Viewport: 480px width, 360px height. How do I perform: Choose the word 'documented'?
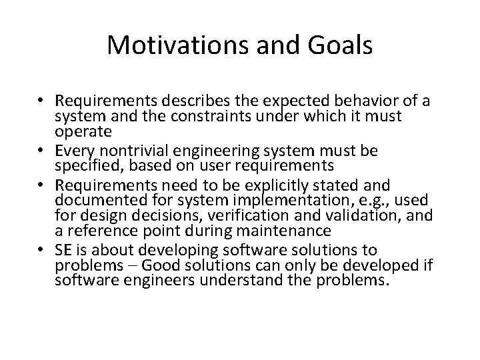coord(96,199)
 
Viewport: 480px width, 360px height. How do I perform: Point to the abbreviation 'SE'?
coord(65,250)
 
